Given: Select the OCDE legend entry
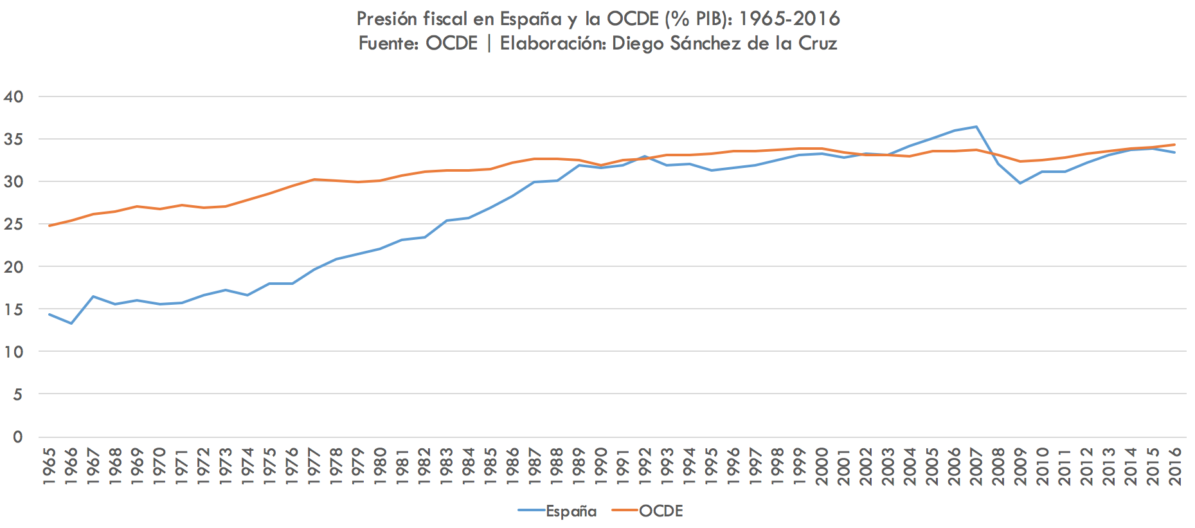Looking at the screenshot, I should (x=661, y=511).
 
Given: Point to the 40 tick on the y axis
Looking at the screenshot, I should (x=13, y=97).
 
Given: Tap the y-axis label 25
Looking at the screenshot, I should (x=13, y=224).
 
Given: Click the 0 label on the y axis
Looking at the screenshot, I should (x=17, y=437).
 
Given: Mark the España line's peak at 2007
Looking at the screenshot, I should (x=976, y=127).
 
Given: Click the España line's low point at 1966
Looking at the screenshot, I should (x=71, y=323).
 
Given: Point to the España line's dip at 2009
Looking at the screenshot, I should (x=1021, y=183).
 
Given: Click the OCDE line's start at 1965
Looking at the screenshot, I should (x=49, y=226).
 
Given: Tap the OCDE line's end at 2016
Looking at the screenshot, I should (x=1175, y=145).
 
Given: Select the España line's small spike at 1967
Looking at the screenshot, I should (x=93, y=296).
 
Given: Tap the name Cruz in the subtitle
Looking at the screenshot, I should (x=818, y=43).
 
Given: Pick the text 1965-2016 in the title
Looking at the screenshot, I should (x=789, y=19).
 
